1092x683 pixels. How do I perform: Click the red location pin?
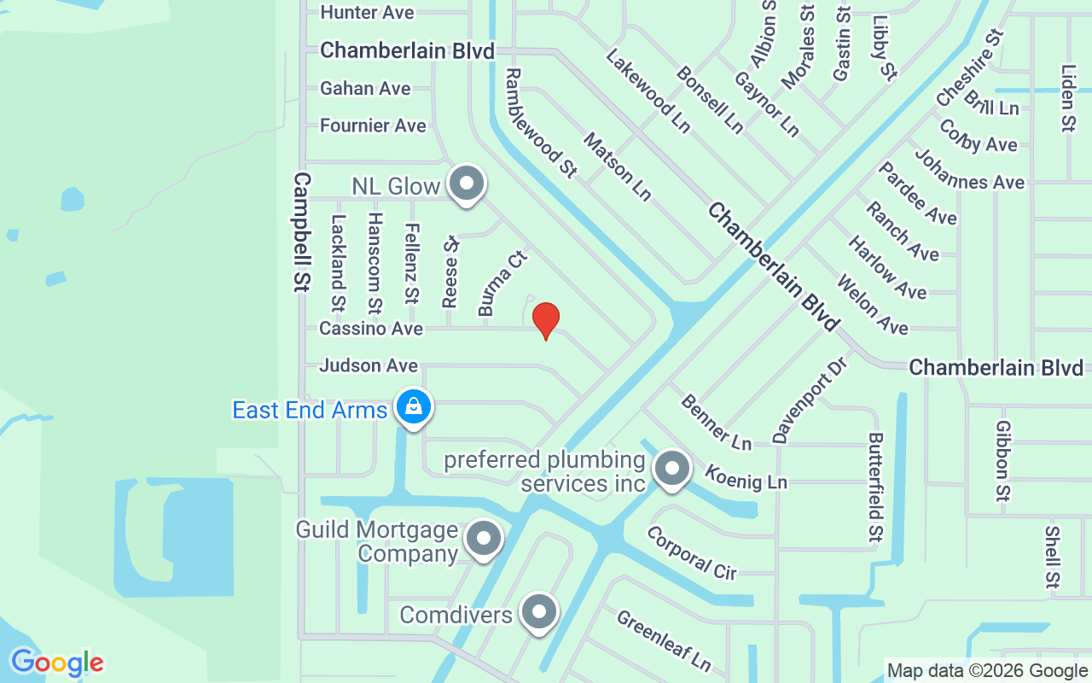click(x=546, y=320)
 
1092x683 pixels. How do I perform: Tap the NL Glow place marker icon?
click(x=466, y=184)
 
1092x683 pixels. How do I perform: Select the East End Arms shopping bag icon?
click(x=413, y=407)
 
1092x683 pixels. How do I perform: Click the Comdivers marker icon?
click(x=538, y=612)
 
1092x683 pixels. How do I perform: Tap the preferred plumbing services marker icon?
click(x=672, y=468)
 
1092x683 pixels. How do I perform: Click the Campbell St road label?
click(x=300, y=231)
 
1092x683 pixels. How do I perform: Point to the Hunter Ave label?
click(x=367, y=13)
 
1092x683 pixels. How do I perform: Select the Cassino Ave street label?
click(x=371, y=328)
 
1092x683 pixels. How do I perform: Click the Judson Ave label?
click(x=369, y=365)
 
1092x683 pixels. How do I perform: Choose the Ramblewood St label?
click(x=540, y=122)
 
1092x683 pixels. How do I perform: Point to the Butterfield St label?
click(x=875, y=487)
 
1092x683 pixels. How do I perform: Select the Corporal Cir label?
click(x=691, y=552)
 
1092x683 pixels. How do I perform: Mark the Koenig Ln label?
click(x=746, y=476)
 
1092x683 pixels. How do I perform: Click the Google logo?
click(x=57, y=663)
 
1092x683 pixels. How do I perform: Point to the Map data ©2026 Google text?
click(x=987, y=671)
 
